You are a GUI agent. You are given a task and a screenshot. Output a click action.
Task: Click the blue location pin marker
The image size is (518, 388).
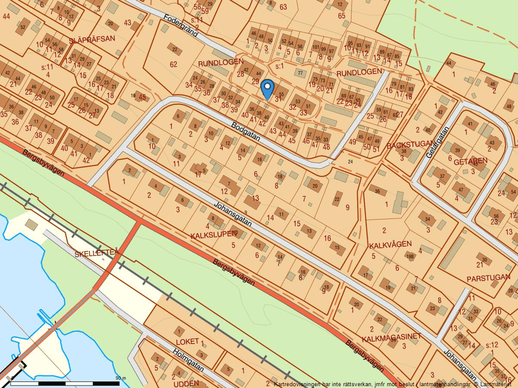pos(267,89)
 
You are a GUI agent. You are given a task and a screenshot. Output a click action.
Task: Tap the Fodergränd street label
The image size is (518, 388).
pos(180,26)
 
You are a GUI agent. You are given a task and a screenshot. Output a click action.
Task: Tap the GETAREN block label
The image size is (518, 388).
pos(471,161)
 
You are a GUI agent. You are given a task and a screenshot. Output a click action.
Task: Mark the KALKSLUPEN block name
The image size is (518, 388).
pos(214,234)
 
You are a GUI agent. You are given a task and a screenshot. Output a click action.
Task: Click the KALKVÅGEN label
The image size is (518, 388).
pos(390,244)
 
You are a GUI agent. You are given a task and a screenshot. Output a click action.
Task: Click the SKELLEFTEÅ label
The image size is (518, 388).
pos(97,253)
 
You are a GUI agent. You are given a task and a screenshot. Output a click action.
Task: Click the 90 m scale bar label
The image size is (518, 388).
pos(121,378)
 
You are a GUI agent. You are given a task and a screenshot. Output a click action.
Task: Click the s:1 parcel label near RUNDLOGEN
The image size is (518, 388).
pos(280,66)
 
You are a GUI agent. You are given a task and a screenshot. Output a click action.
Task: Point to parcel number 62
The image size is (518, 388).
pos(174,64)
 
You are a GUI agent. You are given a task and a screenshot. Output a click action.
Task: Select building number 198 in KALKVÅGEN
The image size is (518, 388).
pos(409,256)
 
